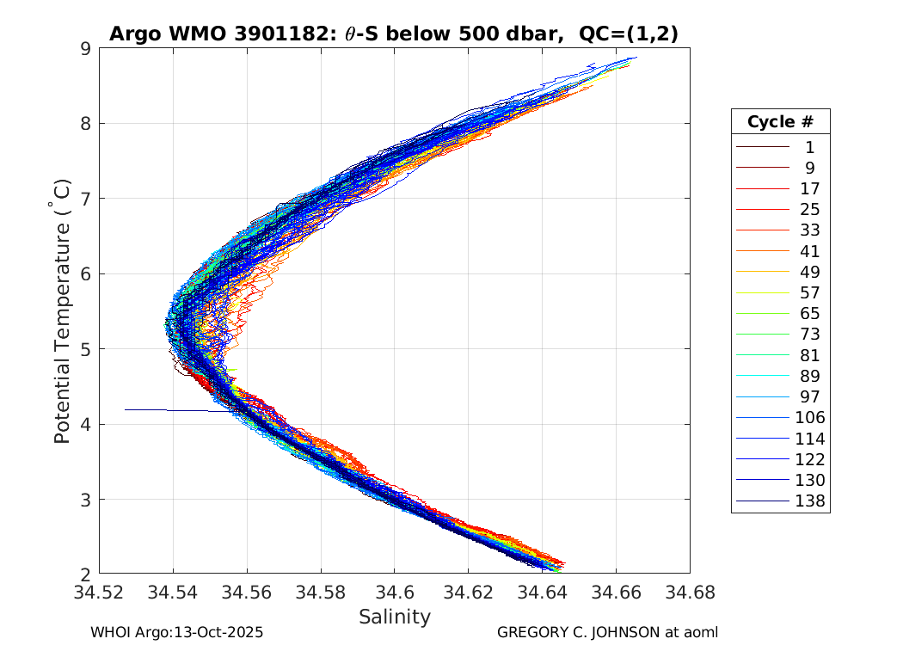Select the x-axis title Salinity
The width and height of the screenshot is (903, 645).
tap(395, 617)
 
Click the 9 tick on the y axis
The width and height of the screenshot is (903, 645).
tap(86, 48)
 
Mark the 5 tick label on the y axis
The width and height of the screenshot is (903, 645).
tap(86, 348)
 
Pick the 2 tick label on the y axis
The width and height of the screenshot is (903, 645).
tap(86, 574)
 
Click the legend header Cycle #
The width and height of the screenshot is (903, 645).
tap(780, 121)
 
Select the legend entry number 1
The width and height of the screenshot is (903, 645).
tap(809, 147)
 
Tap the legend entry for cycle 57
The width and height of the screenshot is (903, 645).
tap(809, 292)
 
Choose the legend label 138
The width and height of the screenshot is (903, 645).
tap(809, 501)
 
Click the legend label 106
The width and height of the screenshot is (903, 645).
tap(809, 417)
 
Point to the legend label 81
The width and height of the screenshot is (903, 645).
tap(809, 355)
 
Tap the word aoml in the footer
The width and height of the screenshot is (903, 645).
tap(700, 632)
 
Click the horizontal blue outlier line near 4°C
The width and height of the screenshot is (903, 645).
tap(172, 410)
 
